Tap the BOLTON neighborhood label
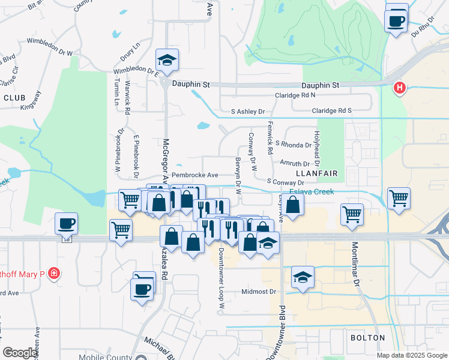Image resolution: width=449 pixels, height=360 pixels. click(x=368, y=338)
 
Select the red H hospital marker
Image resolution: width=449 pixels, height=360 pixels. click(x=400, y=89)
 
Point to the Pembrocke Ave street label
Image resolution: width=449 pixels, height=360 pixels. click(x=194, y=175)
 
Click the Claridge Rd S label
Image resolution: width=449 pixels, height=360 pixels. click(x=331, y=111)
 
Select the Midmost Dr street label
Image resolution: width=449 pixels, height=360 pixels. click(x=258, y=292)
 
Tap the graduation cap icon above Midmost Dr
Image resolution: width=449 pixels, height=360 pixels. click(x=303, y=278)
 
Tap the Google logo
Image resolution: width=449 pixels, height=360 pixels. click(x=20, y=353)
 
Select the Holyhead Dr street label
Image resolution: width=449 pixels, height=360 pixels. click(x=316, y=148)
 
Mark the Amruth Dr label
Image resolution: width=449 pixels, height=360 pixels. click(x=294, y=163)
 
